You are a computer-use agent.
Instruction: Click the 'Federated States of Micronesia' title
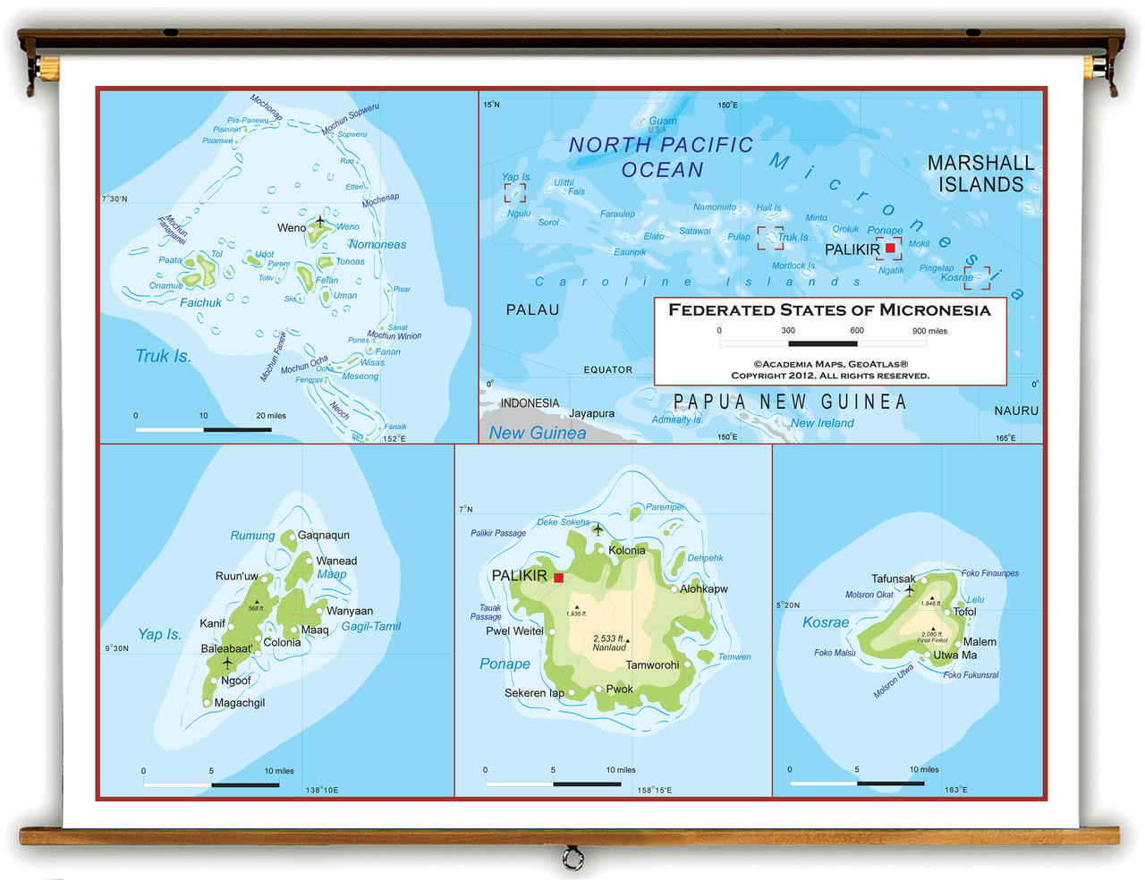[x=829, y=310]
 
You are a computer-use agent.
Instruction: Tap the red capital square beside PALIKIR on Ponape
[x=558, y=578]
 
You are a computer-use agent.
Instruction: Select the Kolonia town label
[x=626, y=550]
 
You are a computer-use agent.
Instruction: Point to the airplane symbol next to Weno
[x=320, y=221]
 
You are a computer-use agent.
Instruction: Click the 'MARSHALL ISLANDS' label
[x=980, y=173]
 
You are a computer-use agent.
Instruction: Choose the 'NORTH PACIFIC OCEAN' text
[x=661, y=157]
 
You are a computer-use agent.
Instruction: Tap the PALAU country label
[x=532, y=309]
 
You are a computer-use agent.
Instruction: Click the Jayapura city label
[x=591, y=413]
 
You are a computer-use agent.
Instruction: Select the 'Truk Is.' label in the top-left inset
[x=163, y=356]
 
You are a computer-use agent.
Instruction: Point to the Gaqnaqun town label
[x=323, y=535]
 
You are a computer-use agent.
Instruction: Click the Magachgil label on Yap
[x=239, y=702]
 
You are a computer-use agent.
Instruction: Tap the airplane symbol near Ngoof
[x=227, y=663]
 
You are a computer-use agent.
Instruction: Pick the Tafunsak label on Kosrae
[x=893, y=579]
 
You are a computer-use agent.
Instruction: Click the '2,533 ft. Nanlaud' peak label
[x=609, y=643]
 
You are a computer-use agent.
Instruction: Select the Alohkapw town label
[x=703, y=588]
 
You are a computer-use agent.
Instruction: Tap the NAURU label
[x=1016, y=410]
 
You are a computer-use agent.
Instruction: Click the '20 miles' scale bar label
[x=270, y=415]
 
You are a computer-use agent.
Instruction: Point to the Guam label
[x=662, y=121]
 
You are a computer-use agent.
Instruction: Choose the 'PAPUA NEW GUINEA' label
[x=790, y=402]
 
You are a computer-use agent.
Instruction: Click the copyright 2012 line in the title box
[x=829, y=376]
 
